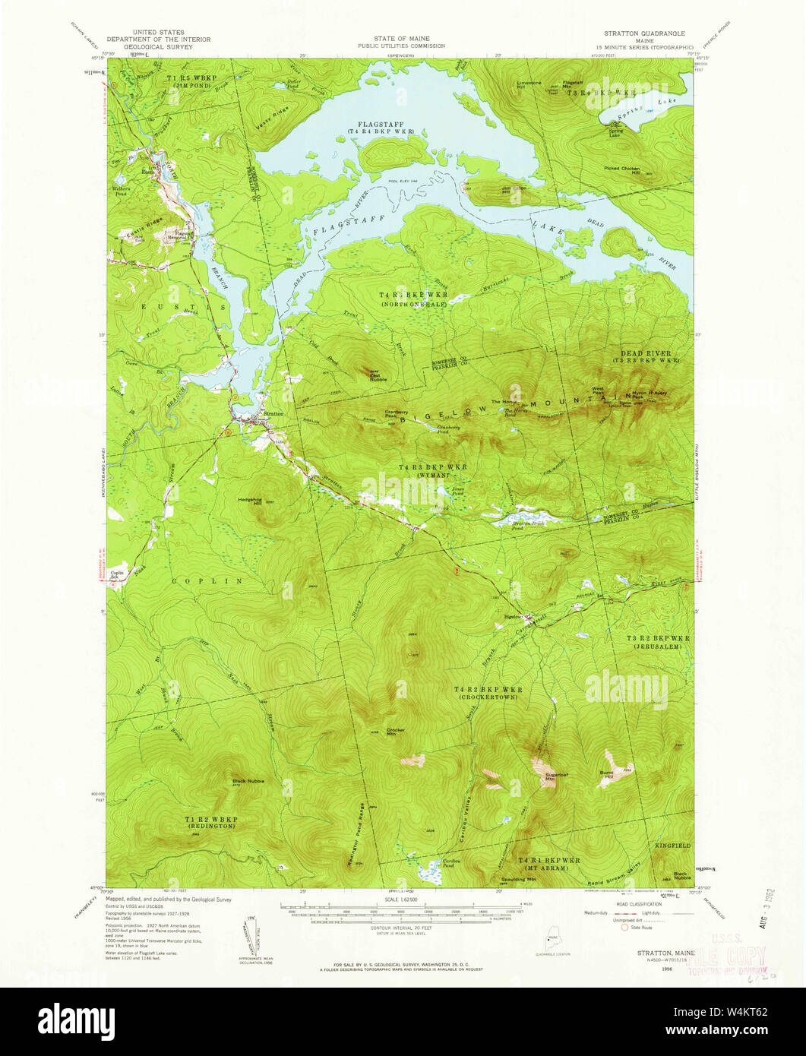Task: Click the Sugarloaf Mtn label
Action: pyautogui.click(x=551, y=777)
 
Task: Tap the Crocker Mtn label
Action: pyautogui.click(x=396, y=731)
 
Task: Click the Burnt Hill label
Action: pyautogui.click(x=606, y=775)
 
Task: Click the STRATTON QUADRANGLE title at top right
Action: pyautogui.click(x=643, y=34)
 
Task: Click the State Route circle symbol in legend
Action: pyautogui.click(x=626, y=927)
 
